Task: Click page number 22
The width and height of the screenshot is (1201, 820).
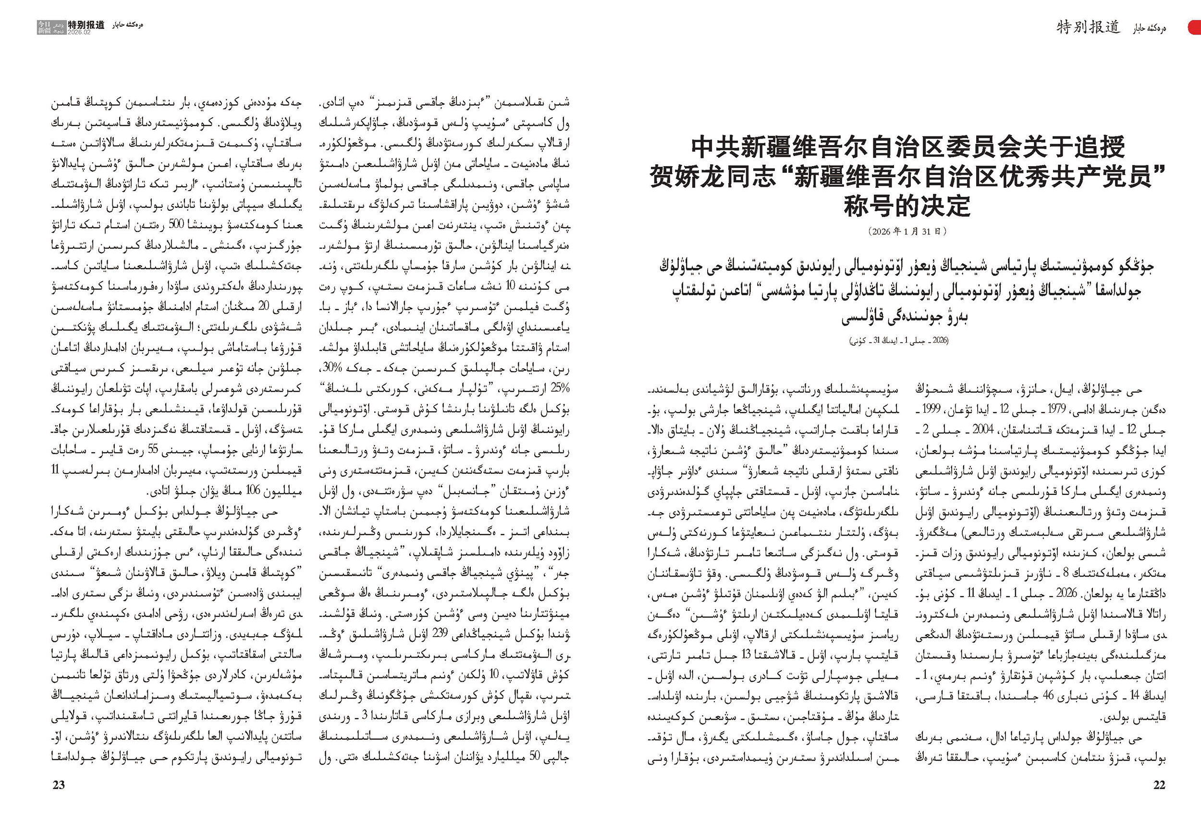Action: point(1159,784)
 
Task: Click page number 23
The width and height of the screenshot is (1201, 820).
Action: point(59,784)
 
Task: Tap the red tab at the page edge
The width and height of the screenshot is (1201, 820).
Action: point(1195,27)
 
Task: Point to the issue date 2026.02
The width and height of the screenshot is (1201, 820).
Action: point(79,32)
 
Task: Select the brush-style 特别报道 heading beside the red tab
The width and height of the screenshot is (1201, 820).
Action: point(1088,27)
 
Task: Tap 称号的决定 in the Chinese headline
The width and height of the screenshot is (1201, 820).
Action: point(907,206)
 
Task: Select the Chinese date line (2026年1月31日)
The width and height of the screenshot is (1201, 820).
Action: point(907,231)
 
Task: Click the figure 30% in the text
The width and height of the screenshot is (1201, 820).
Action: point(332,368)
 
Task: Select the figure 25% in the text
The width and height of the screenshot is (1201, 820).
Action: point(559,388)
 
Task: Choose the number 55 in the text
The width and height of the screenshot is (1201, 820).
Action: point(153,450)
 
